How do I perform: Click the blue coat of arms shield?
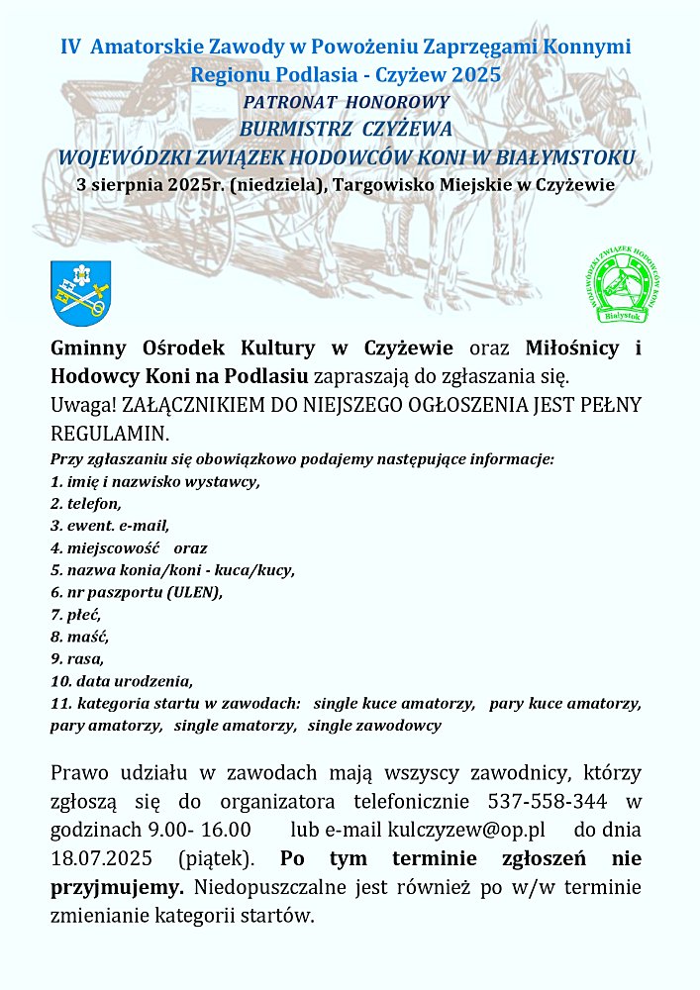[x=80, y=288]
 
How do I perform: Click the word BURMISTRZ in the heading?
[x=294, y=129]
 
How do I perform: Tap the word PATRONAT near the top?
[x=292, y=102]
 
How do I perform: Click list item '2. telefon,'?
[x=86, y=504]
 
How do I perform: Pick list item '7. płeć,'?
[x=76, y=615]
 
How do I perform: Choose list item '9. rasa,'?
[x=77, y=658]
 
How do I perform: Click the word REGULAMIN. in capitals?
[x=110, y=434]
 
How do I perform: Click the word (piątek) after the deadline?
[x=219, y=855]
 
